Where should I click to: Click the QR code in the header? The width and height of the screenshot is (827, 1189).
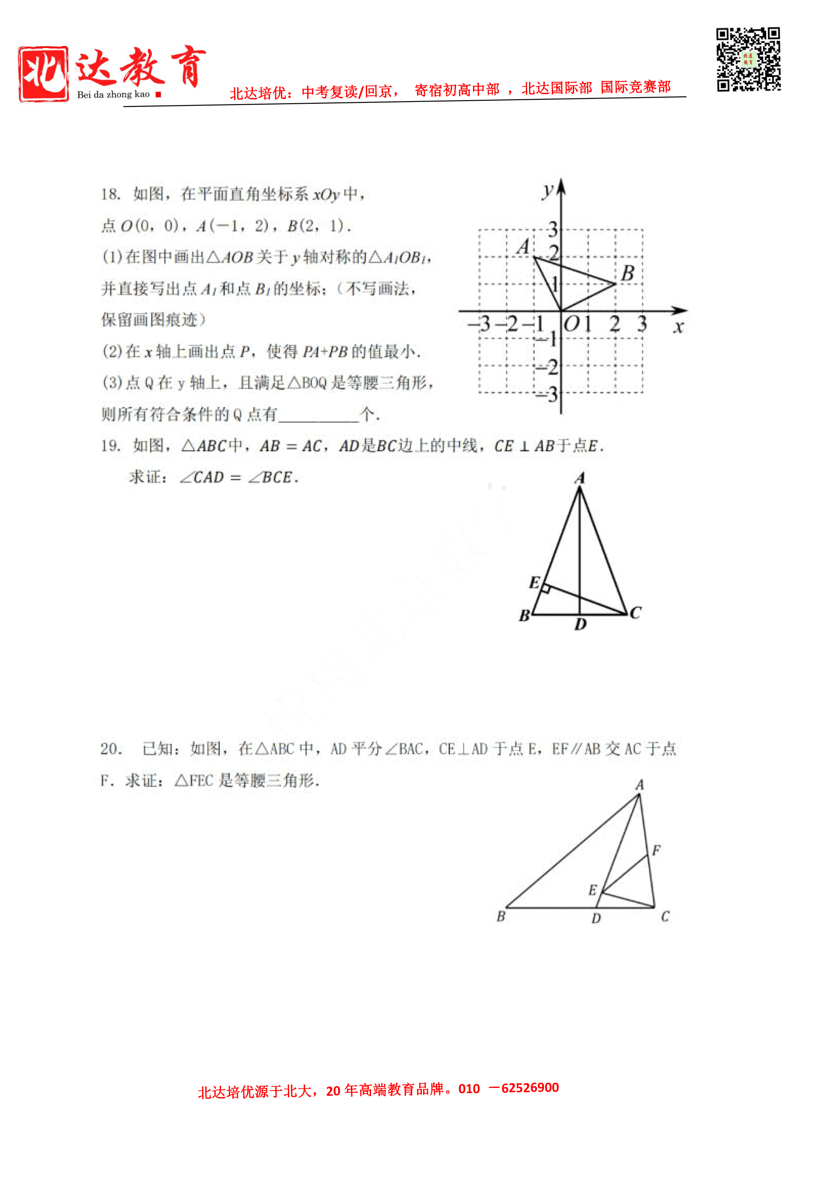[x=748, y=60]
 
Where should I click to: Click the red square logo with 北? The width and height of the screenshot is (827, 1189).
[x=43, y=74]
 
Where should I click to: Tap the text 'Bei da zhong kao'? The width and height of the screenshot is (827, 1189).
[x=113, y=94]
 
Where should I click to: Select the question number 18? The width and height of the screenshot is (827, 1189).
[x=110, y=195]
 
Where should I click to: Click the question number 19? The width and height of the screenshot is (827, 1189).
[x=110, y=446]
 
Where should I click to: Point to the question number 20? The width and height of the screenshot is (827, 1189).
[x=111, y=749]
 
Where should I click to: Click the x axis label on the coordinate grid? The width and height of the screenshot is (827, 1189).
[x=678, y=327]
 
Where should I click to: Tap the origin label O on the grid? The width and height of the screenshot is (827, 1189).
[x=571, y=324]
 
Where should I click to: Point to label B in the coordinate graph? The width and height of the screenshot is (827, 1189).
[x=627, y=273]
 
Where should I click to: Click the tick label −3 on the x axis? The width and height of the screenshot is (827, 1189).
[x=479, y=324]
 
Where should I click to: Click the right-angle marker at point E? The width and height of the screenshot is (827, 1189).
[x=545, y=589]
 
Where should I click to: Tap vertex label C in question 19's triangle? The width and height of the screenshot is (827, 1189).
[x=635, y=613]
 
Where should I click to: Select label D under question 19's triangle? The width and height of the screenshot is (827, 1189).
[x=581, y=624]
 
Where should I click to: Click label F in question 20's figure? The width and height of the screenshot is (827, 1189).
[x=656, y=850]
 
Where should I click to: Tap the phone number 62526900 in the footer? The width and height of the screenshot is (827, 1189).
[x=530, y=1087]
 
